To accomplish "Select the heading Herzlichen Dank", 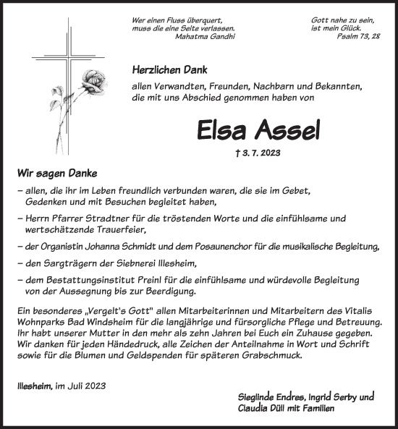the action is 170,70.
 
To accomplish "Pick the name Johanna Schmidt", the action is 114,247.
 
